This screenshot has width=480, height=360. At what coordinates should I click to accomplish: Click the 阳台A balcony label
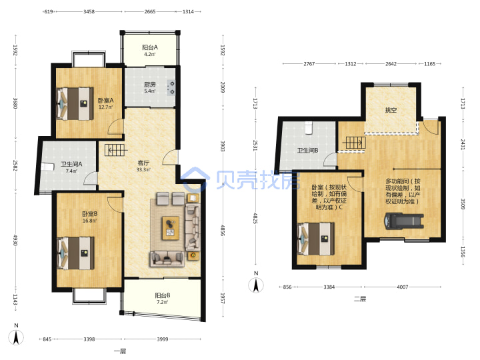(x=150, y=47)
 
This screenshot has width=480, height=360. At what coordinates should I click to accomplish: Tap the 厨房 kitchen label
(x=150, y=85)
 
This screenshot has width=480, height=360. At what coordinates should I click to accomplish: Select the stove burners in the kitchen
(x=171, y=87)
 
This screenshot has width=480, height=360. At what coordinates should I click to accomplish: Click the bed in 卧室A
(x=75, y=104)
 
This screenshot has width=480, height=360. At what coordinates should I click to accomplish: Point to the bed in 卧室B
(x=75, y=253)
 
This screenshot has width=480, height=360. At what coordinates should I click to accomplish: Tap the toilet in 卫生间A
(x=47, y=167)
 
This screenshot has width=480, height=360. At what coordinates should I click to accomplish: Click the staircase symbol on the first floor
(x=115, y=150)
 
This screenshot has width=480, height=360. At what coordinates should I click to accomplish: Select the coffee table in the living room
(x=171, y=228)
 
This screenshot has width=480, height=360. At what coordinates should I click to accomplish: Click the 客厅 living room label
(x=143, y=163)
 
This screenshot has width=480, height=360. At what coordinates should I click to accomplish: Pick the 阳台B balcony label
(x=163, y=295)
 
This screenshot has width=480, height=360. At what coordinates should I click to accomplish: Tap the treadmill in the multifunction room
(x=404, y=221)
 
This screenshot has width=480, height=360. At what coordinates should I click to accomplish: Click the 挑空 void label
(x=391, y=110)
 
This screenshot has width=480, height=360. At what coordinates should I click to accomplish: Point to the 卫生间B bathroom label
(x=307, y=150)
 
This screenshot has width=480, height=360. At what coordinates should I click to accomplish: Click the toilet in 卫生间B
(x=309, y=127)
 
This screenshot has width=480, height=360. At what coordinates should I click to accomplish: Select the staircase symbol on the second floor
(x=355, y=143)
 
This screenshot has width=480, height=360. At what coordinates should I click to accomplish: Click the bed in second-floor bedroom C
(x=316, y=239)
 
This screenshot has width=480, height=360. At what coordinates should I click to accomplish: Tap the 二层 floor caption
(x=360, y=299)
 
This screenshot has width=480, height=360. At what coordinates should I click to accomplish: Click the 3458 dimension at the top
(x=89, y=11)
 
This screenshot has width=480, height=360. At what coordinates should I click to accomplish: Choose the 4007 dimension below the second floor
(x=402, y=287)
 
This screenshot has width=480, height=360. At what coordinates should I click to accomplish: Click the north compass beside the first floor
(x=16, y=335)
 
